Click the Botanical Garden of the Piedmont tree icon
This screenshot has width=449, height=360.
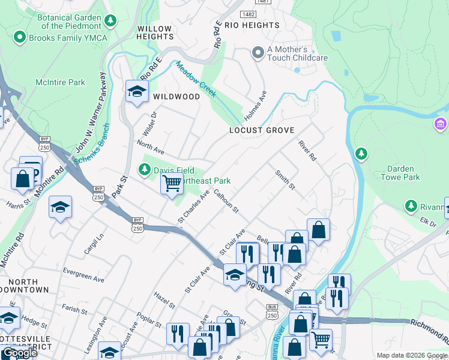pos(110,22)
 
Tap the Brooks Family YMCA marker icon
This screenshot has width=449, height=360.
pos(19,37)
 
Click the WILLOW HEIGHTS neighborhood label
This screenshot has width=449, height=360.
pos(155,32)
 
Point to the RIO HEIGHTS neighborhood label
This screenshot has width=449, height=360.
pos(252,25)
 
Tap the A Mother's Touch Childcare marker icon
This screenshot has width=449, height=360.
pos(258,53)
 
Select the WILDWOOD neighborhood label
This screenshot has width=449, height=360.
pos(176,97)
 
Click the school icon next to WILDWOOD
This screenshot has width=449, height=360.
pos(137,92)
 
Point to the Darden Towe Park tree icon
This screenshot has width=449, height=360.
pos(361,154)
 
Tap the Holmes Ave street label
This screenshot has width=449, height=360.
pos(254,105)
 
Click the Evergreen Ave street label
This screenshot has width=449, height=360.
pos(83,275)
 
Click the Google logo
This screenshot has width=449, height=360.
pos(20,353)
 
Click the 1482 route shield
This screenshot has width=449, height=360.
pos(247,13)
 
